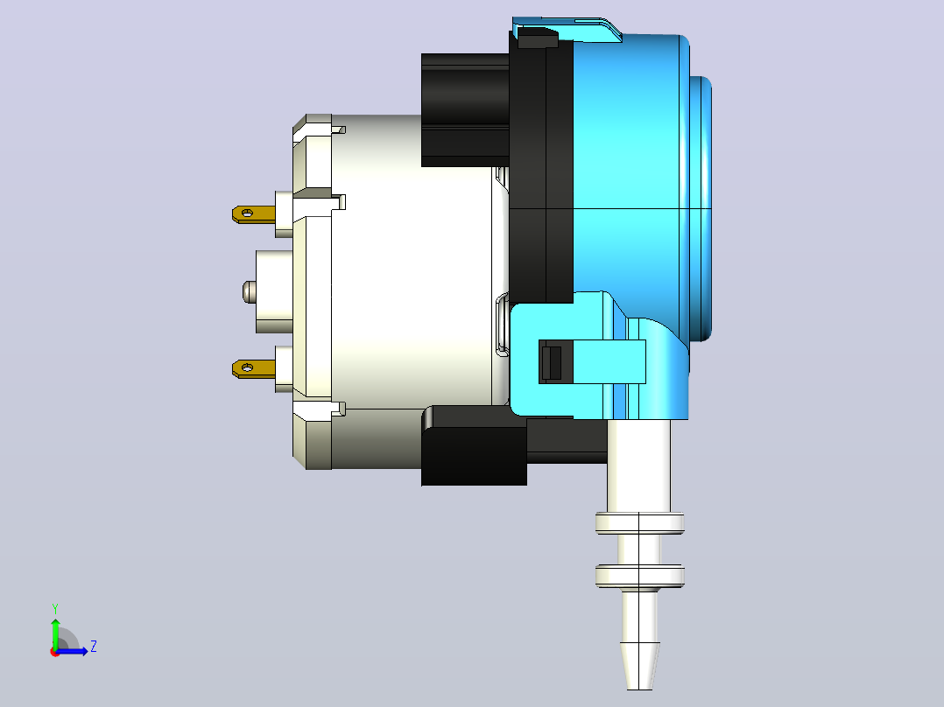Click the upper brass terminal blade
pos(253,214)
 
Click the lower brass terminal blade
pos(253,368)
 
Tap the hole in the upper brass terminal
pos(247,213)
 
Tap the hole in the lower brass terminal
pos(247,367)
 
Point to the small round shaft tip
pos(250,292)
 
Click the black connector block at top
pos(465,110)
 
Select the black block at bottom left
pos(475,446)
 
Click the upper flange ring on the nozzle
pos(639,523)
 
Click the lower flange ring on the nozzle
pos(639,575)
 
